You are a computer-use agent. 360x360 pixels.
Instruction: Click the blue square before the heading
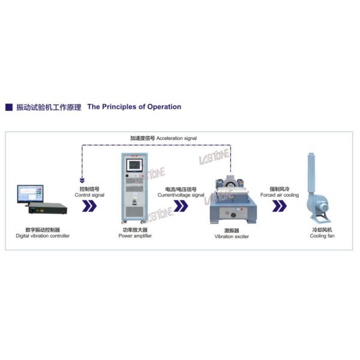tap(9, 107)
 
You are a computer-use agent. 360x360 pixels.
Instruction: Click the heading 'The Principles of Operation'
tap(134, 107)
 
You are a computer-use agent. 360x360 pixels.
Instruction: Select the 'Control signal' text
tap(89, 195)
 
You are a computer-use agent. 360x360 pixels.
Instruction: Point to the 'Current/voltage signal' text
tap(181, 195)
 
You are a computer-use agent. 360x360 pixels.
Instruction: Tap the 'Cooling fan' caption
tap(323, 236)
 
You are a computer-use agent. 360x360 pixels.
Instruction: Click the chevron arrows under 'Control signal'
tap(89, 206)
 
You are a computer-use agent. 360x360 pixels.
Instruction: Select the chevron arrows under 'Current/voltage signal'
tap(180, 206)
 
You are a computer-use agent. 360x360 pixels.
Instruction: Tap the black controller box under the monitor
tap(44, 210)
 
